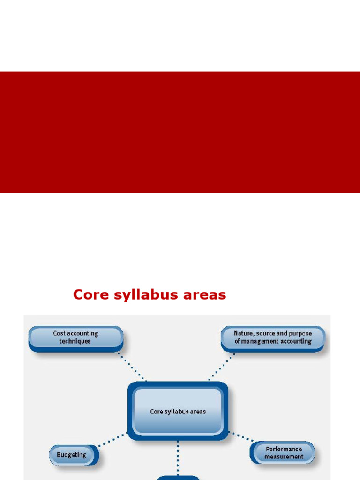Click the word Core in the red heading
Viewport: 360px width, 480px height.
(91, 294)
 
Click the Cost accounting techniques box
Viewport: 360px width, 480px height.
(76, 338)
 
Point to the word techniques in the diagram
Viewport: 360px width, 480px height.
(75, 341)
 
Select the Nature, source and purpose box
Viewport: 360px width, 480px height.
(273, 338)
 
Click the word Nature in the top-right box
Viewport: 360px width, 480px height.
(243, 333)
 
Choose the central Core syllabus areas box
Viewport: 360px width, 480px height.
(178, 411)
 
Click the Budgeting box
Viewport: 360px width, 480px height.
(74, 455)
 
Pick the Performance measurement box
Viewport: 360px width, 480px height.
(282, 453)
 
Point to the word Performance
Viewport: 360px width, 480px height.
(284, 450)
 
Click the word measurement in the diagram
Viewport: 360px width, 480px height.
(284, 457)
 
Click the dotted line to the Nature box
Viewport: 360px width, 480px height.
(222, 367)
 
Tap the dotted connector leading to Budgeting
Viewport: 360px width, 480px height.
(112, 440)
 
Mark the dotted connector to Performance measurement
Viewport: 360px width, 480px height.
(242, 437)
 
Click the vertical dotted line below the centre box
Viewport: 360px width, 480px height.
(178, 458)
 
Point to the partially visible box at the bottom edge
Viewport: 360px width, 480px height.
(178, 478)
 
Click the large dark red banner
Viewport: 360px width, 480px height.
(180, 132)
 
